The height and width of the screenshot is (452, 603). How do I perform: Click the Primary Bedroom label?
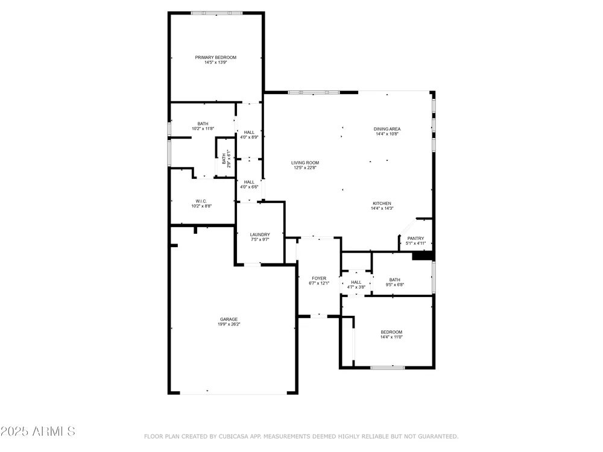point(215,57)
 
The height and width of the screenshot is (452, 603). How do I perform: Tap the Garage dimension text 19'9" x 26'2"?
point(229,324)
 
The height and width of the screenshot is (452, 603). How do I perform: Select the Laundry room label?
point(260,234)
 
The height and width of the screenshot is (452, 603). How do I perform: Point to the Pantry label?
point(415,238)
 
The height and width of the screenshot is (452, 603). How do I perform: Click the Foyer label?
point(319,278)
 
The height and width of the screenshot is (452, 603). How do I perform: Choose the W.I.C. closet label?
point(201,201)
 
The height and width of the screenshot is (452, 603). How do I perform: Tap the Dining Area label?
point(387,129)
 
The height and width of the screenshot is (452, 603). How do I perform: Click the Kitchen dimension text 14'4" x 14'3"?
point(382,209)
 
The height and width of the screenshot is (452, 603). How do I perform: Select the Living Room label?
point(305,163)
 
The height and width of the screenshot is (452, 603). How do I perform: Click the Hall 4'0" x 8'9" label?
point(249,134)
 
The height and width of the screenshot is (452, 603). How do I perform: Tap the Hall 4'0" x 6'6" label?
point(249,184)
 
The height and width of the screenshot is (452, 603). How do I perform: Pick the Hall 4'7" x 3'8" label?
point(356,284)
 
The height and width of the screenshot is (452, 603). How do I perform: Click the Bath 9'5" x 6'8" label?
point(394,282)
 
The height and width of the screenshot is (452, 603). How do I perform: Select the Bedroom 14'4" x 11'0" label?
point(391,334)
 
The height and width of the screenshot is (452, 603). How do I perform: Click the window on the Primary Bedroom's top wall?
point(217,13)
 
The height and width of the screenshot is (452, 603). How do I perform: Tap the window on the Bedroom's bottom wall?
point(388,368)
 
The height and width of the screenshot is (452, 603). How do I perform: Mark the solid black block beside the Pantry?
point(423,256)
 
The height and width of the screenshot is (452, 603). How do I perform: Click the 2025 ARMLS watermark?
point(37,432)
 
